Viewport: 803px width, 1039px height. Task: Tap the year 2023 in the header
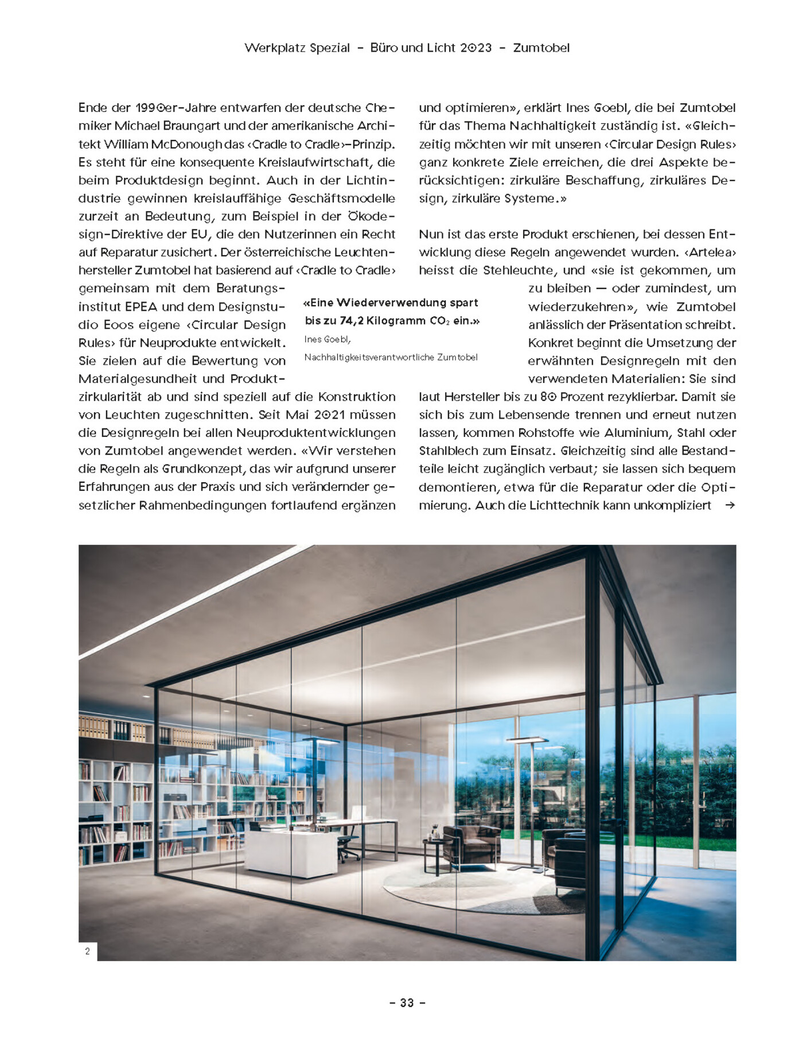point(477,48)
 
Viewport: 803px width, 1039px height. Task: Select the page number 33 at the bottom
point(407,1002)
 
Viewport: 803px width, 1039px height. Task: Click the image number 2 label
point(88,951)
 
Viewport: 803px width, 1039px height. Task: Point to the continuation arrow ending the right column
point(730,505)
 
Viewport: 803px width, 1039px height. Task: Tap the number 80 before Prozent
point(548,397)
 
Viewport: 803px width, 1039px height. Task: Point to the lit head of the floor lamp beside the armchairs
point(527,740)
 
